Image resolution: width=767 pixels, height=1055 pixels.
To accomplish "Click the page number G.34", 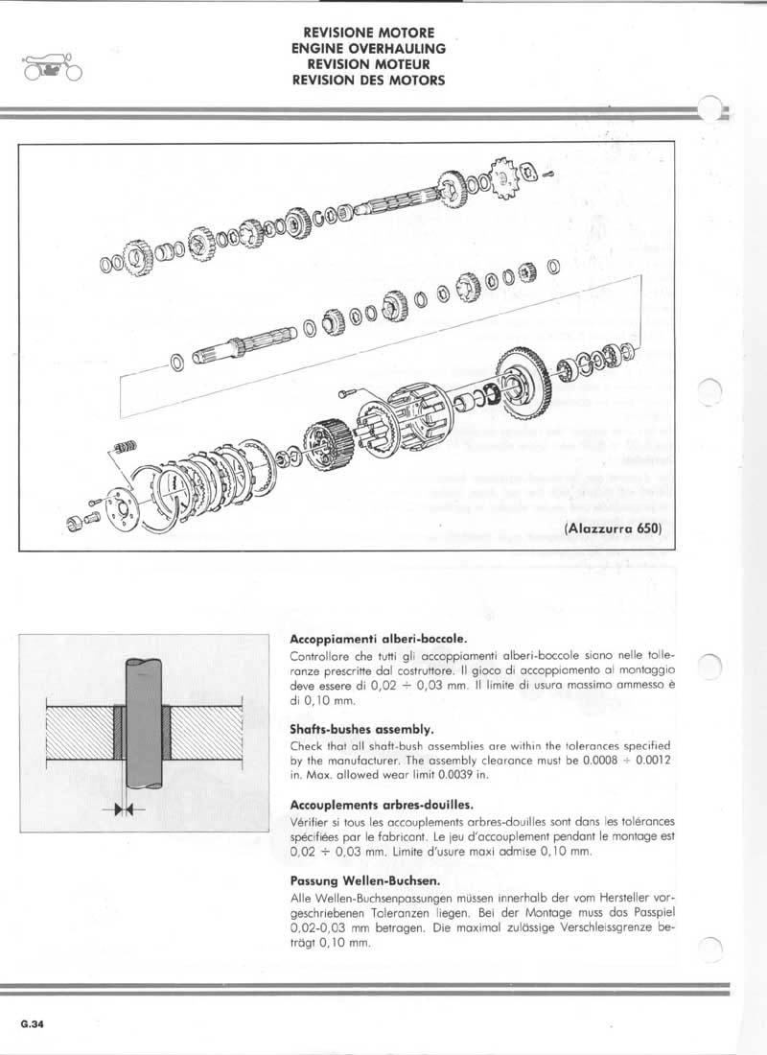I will (x=31, y=1023).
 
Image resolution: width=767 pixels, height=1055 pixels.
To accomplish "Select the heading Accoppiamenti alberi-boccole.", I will (x=379, y=638).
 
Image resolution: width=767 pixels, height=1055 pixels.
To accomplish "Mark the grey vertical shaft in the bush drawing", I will (x=142, y=729).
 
